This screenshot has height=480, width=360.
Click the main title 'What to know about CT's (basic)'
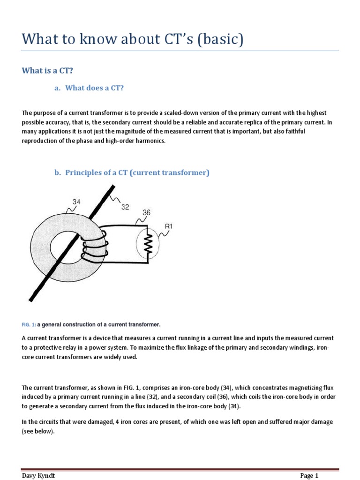133,39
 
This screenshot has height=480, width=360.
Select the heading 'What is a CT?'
48,70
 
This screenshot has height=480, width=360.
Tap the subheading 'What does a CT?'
94,88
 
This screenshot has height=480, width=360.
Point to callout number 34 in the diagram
76,202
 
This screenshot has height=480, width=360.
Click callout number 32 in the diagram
125,207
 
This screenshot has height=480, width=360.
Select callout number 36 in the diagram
146,212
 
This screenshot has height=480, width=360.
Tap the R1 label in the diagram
169,226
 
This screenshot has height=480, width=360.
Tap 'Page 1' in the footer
309,475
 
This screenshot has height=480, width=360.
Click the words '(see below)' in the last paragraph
38,432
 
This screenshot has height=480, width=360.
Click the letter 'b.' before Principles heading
58,172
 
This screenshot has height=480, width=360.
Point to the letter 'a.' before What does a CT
58,88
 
